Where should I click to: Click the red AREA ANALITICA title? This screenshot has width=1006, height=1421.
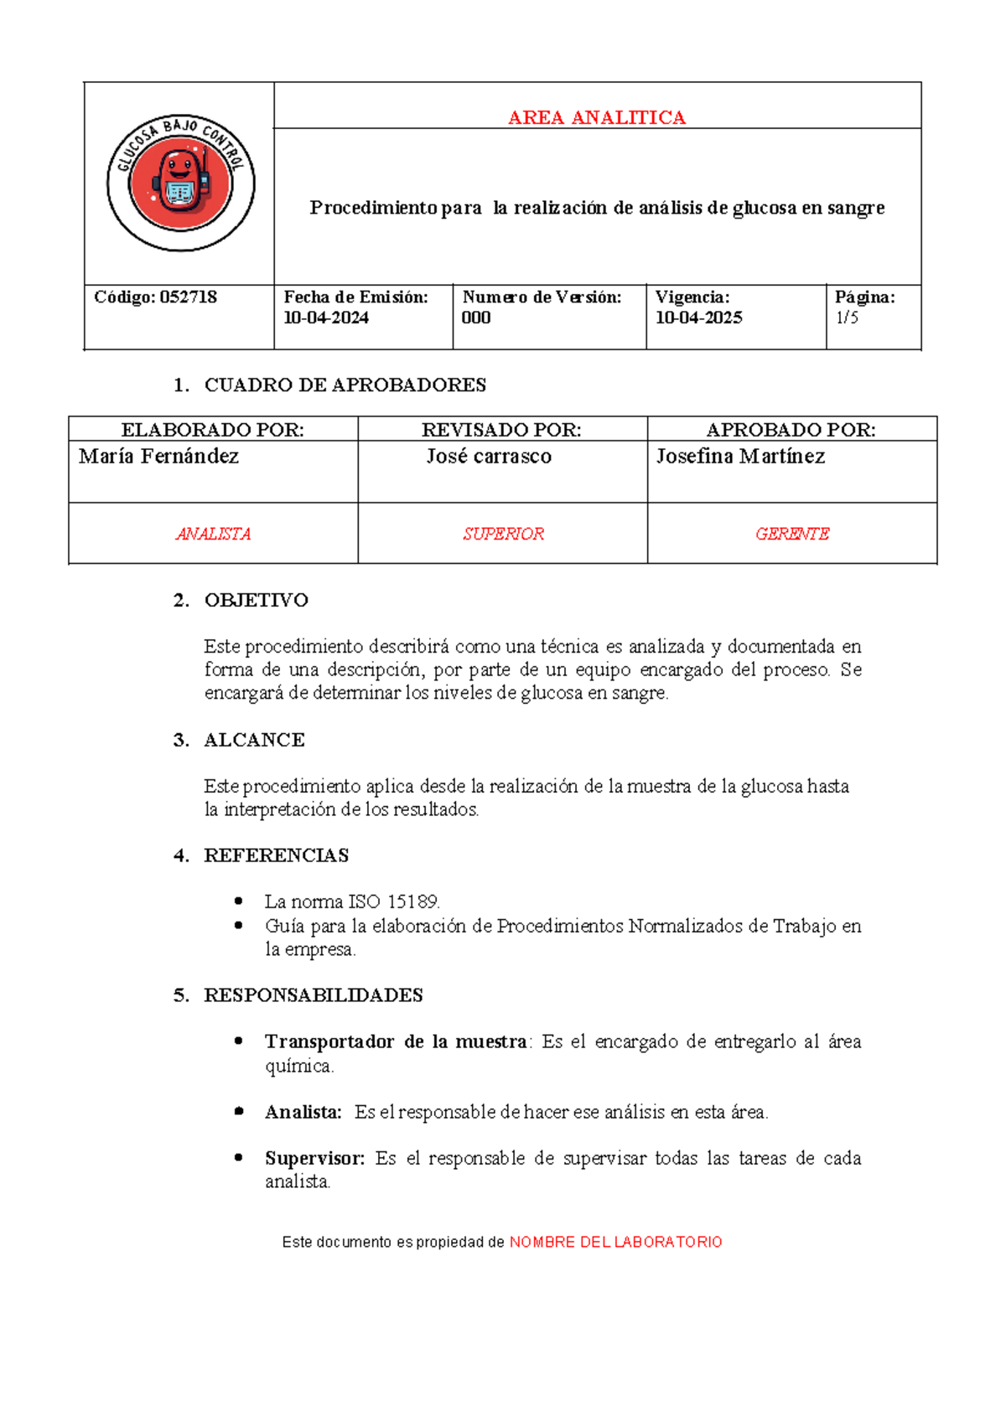tap(597, 117)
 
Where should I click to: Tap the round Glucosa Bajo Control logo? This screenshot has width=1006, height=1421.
tap(180, 183)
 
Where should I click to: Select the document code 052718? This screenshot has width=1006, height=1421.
tap(189, 297)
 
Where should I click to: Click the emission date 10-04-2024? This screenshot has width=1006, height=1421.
tap(326, 318)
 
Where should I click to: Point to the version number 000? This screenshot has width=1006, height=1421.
tap(476, 318)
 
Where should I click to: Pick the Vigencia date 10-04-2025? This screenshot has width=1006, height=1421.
tap(699, 318)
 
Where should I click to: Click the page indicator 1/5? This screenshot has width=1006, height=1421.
tap(847, 318)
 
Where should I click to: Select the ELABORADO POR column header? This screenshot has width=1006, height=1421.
tap(213, 430)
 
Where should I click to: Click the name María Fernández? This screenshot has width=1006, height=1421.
tap(158, 457)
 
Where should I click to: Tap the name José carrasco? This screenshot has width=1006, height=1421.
tap(489, 457)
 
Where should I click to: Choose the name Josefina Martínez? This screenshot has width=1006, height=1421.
tap(740, 457)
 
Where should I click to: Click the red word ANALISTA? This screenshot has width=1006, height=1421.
tap(213, 534)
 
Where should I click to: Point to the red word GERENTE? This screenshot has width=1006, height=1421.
tap(792, 534)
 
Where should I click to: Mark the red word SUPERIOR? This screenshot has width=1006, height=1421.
tap(503, 534)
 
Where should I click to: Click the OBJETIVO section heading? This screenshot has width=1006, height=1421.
tap(256, 600)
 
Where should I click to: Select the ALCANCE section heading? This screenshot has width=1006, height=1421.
tap(254, 740)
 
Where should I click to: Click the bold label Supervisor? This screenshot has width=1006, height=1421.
tap(315, 1159)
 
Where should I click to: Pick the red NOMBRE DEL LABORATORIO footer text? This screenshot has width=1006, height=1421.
tap(616, 1242)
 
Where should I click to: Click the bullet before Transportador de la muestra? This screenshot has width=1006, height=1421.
tap(239, 1041)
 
